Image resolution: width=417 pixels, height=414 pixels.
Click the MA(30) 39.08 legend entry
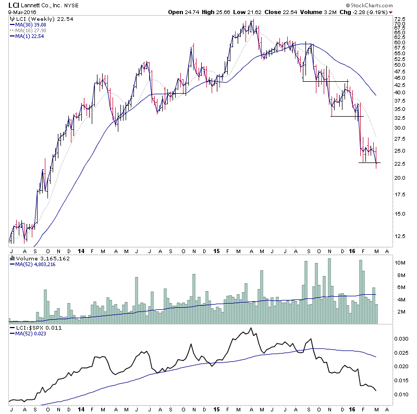(x=33, y=24)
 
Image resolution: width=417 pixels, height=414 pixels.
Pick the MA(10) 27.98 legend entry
(x=33, y=30)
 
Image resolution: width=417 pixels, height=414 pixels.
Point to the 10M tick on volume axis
(x=400, y=263)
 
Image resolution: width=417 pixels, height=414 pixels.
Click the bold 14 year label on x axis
(x=81, y=250)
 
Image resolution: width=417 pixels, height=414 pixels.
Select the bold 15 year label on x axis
(x=216, y=250)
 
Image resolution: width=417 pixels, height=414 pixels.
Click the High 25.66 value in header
(x=219, y=12)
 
